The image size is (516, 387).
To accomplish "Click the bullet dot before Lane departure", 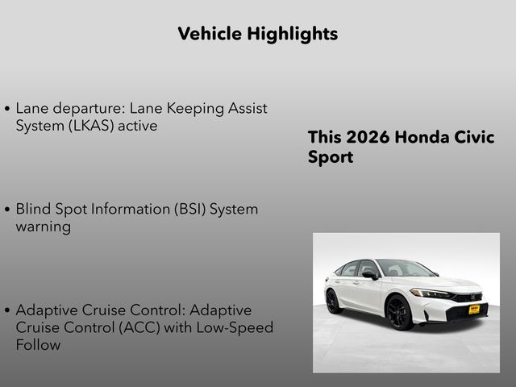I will coord(7,108).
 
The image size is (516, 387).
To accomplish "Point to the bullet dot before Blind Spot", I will coord(7,210).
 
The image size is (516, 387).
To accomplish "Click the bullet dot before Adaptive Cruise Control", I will coord(7,310).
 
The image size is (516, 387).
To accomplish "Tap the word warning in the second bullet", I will coord(43,227).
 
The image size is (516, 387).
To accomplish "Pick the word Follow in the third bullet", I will coord(39,344).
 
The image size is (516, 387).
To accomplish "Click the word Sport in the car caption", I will coord(331,157).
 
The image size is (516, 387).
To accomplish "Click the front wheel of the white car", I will coord(400,312).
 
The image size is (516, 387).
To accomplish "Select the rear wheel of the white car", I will coord(333,301).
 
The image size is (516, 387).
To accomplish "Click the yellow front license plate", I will coord(474,309).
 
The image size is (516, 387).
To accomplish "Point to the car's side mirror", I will coord(370,275).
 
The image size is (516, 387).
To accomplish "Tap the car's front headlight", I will coord(430,293).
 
